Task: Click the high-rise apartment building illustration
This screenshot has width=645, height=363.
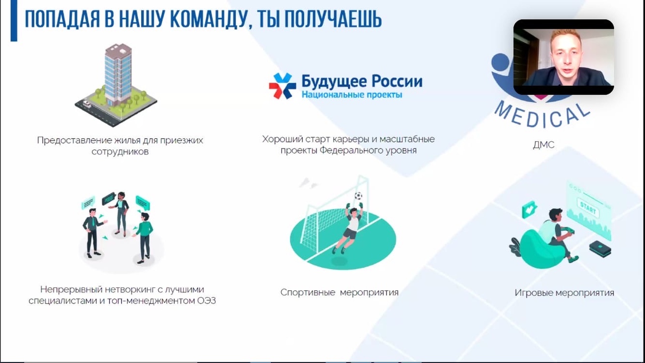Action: [116, 85]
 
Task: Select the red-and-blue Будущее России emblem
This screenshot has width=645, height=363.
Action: [283, 86]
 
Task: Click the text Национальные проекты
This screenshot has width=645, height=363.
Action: [352, 94]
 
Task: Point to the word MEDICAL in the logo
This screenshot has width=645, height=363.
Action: [542, 116]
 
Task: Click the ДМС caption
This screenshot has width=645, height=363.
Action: [544, 145]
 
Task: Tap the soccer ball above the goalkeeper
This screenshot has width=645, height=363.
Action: [358, 196]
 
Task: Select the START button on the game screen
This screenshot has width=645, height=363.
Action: [588, 208]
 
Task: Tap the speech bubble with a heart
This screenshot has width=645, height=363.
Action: [530, 209]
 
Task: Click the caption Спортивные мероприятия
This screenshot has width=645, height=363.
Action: [340, 292]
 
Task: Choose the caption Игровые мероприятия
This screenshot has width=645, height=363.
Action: [564, 293]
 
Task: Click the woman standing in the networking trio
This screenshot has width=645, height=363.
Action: [121, 214]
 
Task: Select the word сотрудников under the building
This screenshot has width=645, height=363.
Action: [120, 152]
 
